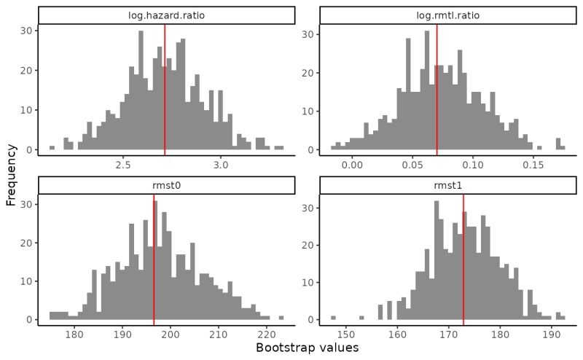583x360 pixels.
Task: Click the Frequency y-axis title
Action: pyautogui.click(x=11, y=174)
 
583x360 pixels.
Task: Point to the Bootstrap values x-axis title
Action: pyautogui.click(x=307, y=348)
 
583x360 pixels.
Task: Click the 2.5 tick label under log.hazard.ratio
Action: pyautogui.click(x=123, y=165)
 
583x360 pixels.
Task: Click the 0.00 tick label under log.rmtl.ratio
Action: pyautogui.click(x=352, y=165)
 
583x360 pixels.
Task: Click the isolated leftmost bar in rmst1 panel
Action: pyautogui.click(x=333, y=318)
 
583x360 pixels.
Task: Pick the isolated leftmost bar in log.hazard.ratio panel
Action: pyautogui.click(x=52, y=148)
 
